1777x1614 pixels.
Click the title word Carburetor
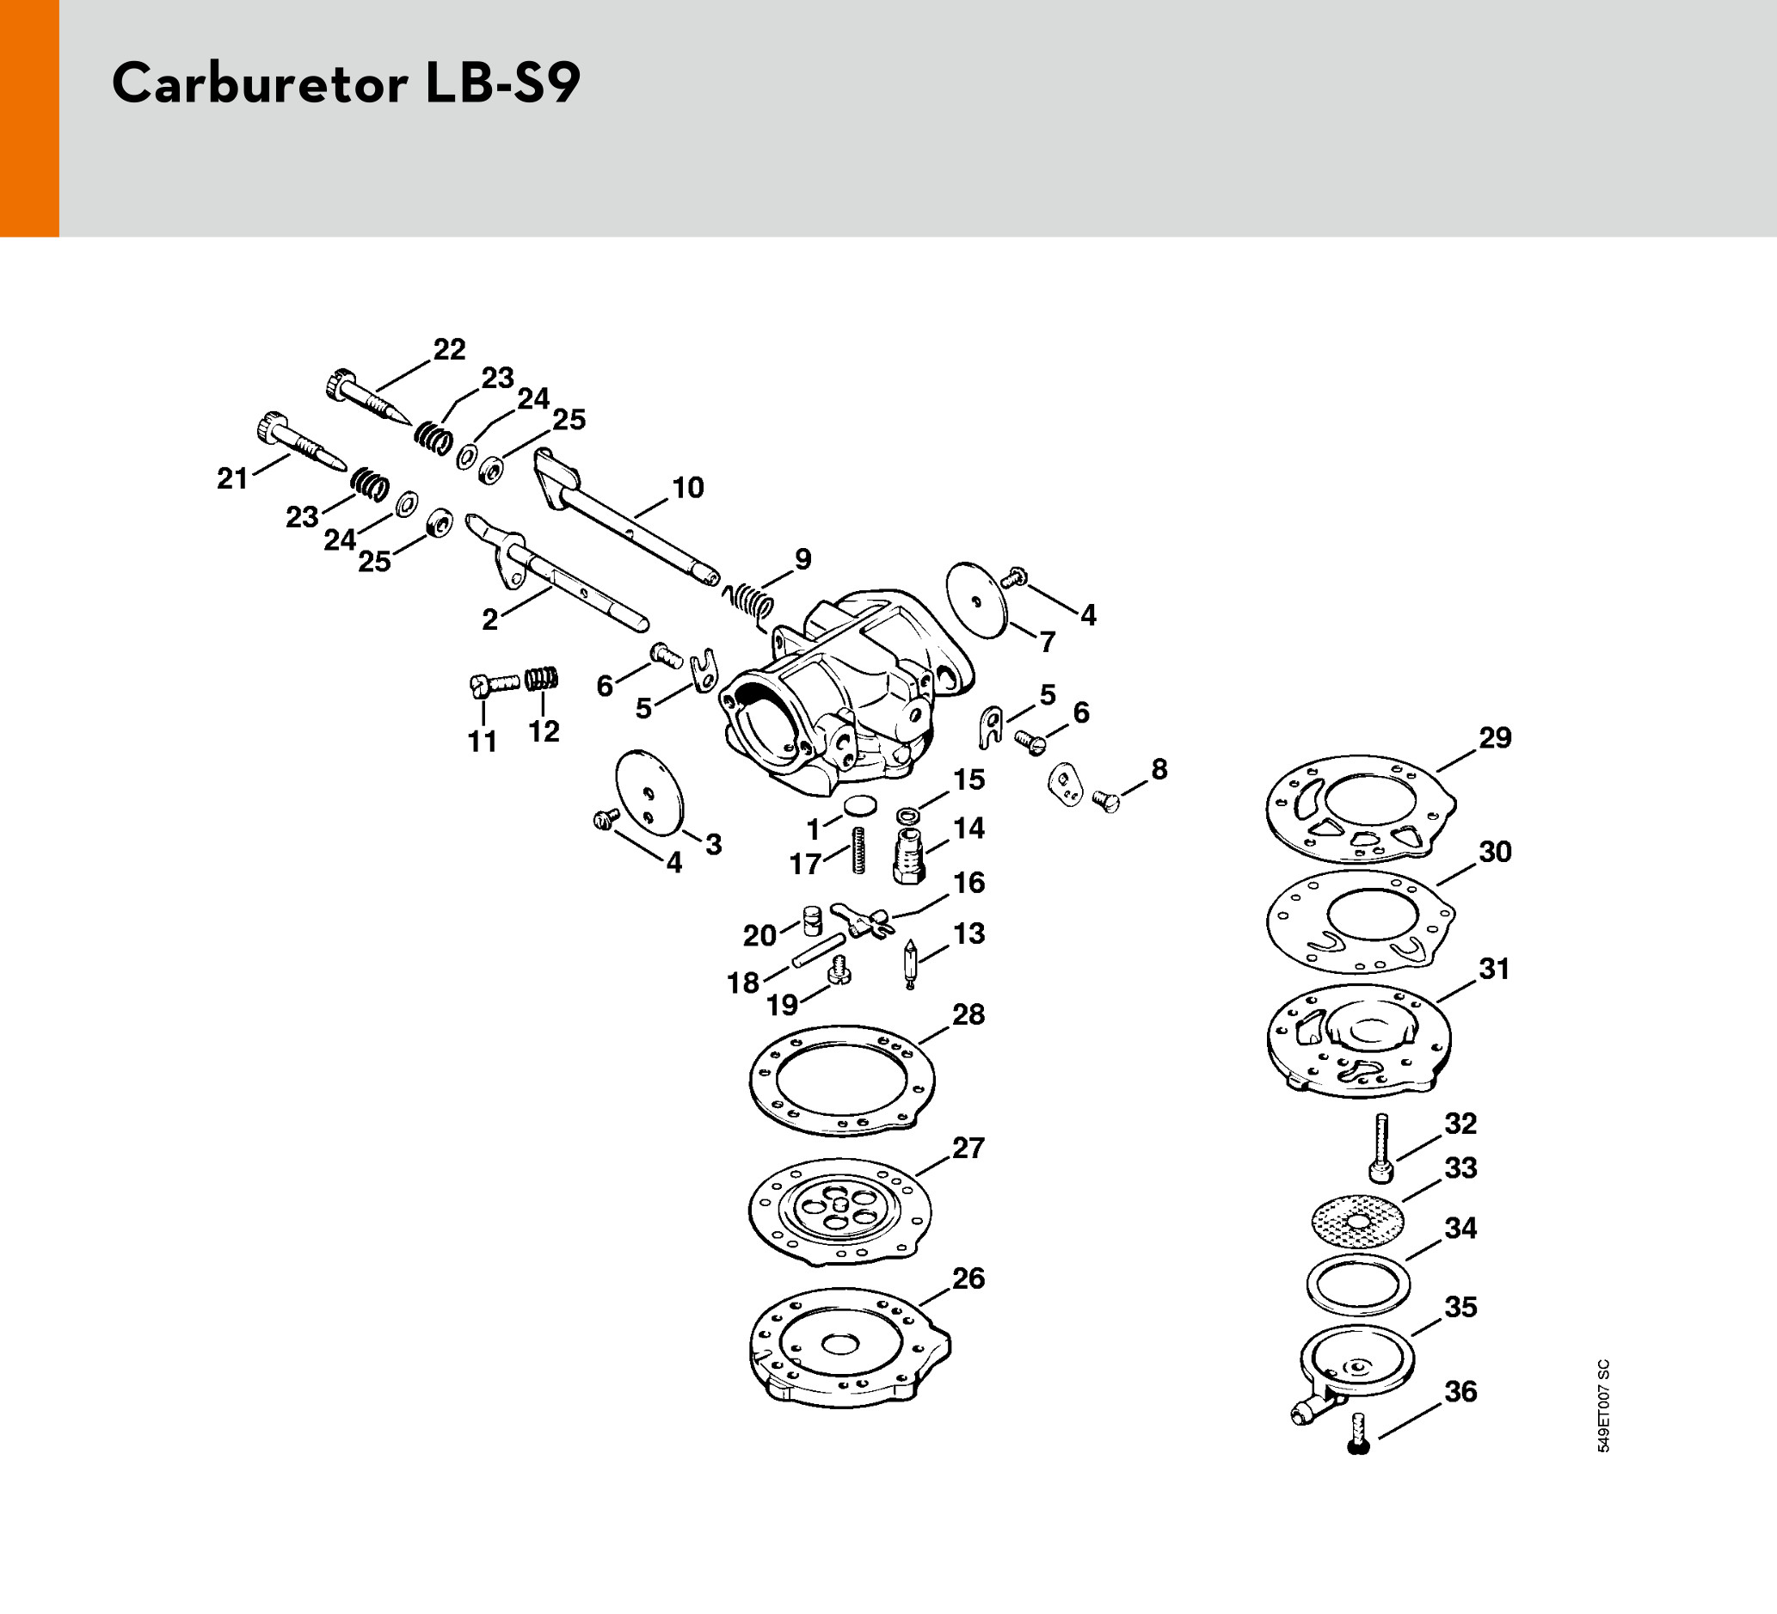260,84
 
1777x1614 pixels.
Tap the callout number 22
449,350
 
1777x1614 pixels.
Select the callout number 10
687,488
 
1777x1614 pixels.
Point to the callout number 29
1495,737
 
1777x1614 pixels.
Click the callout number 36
1460,1391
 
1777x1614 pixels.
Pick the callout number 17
805,864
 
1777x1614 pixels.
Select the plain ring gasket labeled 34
1358,1284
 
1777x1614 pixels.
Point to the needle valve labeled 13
910,964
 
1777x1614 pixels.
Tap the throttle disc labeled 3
649,791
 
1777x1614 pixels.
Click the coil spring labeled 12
542,678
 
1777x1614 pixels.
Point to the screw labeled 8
1107,800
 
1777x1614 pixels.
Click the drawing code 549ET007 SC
1603,1406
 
